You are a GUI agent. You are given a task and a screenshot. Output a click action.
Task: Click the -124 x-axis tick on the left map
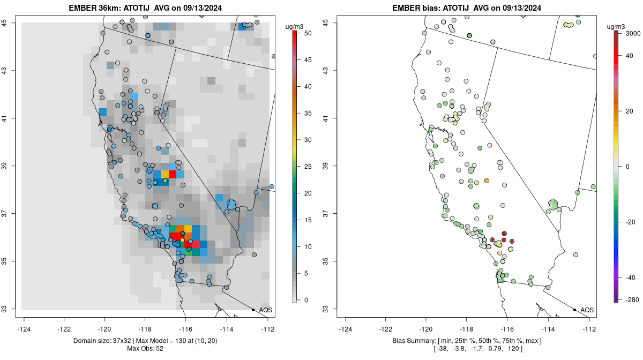24,329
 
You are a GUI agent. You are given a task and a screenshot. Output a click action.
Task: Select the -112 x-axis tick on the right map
589,329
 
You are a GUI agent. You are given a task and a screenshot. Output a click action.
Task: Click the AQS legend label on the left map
266,310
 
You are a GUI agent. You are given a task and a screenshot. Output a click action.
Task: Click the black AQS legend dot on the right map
574,310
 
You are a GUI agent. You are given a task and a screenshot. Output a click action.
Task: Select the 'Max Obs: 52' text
145,349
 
